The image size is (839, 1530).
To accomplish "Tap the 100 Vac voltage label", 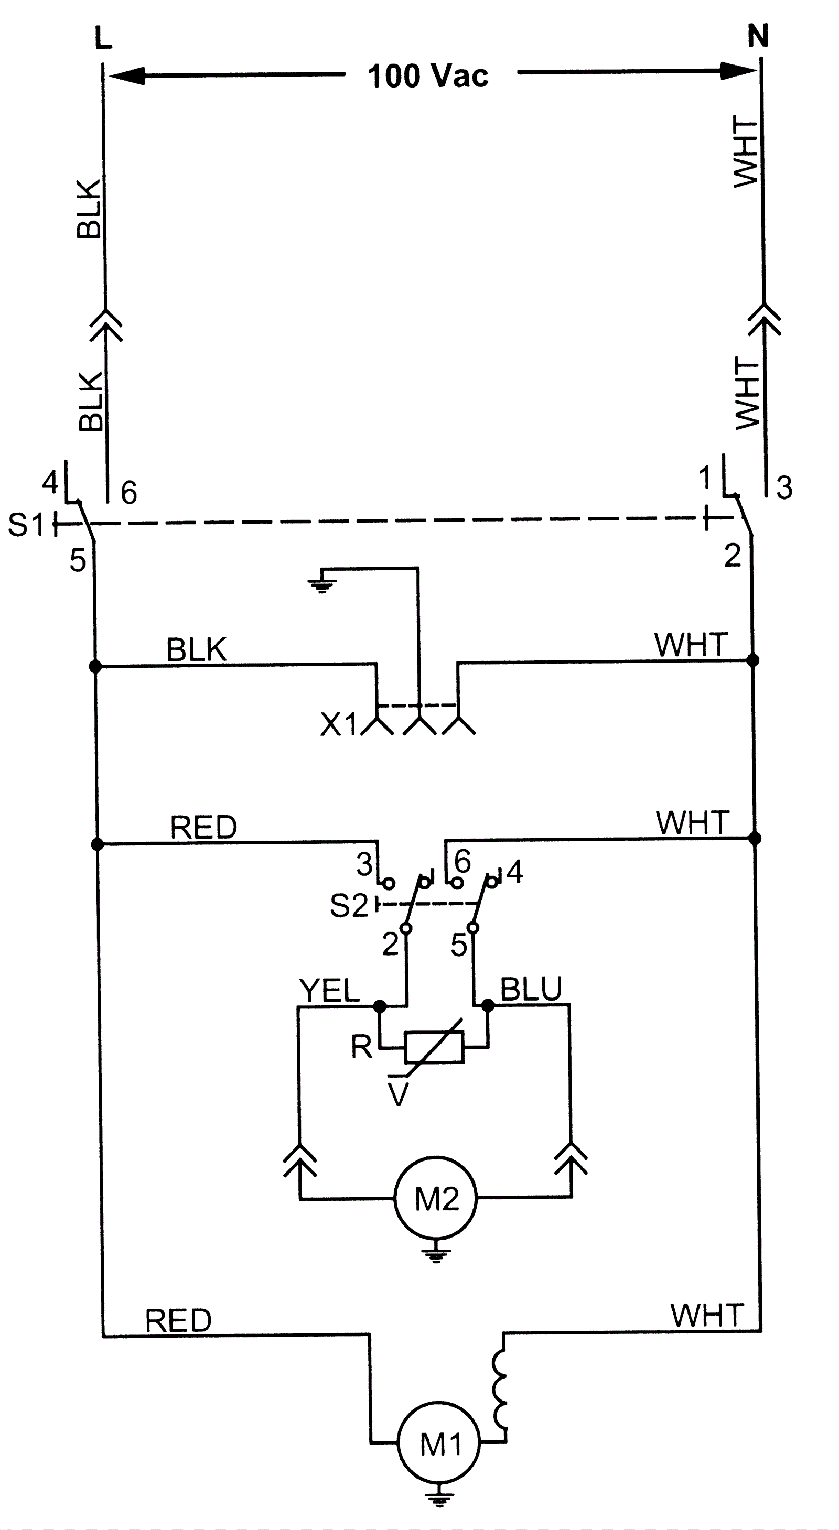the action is click(428, 76).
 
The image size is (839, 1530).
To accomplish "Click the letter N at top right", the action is click(758, 36).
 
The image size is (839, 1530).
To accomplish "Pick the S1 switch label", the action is click(26, 525).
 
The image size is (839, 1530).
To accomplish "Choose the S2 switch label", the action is click(349, 905).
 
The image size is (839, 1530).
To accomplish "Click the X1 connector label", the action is click(339, 724).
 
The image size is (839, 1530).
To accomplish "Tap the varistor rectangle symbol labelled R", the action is click(434, 1047).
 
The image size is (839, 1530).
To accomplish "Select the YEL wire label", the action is click(330, 990).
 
